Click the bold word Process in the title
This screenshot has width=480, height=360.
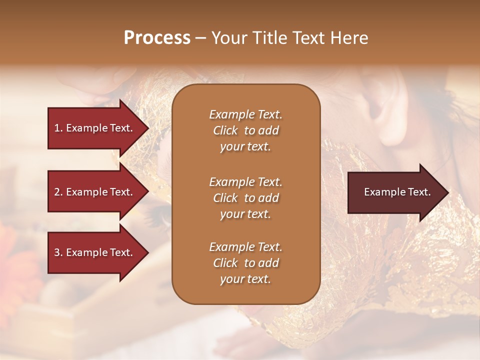157,38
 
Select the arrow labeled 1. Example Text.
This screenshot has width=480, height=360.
95,128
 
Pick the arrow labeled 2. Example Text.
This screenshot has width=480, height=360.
95,192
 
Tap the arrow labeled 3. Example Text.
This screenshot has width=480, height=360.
95,252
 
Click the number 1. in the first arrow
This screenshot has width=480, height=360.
58,128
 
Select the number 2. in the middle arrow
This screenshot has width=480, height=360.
58,192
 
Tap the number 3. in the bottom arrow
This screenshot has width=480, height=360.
58,252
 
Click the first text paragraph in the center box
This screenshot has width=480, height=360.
245,130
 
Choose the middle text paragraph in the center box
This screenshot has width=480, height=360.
245,198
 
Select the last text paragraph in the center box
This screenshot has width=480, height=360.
245,263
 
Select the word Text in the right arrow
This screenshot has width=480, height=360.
420,192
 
